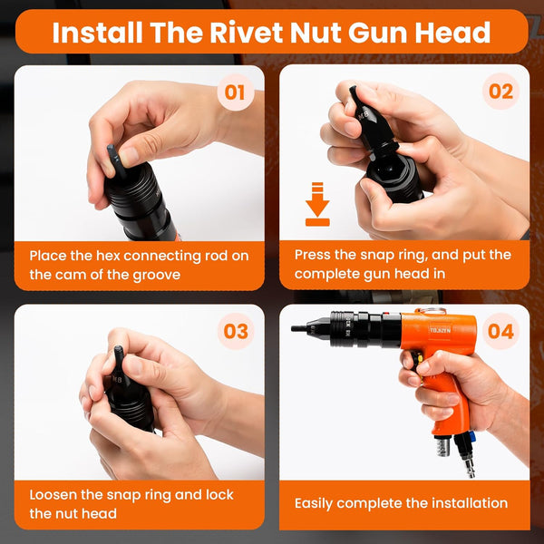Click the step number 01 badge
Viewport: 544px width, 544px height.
(236, 92)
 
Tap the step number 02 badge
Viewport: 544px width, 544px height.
(500, 92)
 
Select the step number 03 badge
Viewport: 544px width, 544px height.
(236, 331)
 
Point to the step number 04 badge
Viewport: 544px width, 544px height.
(500, 331)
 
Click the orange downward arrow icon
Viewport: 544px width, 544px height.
(317, 204)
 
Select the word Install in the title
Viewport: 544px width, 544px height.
(98, 33)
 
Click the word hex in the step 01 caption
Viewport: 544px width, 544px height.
(108, 256)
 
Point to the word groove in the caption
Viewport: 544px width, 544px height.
(158, 275)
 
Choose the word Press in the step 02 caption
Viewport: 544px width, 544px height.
(312, 255)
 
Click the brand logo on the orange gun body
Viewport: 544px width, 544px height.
(440, 330)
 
